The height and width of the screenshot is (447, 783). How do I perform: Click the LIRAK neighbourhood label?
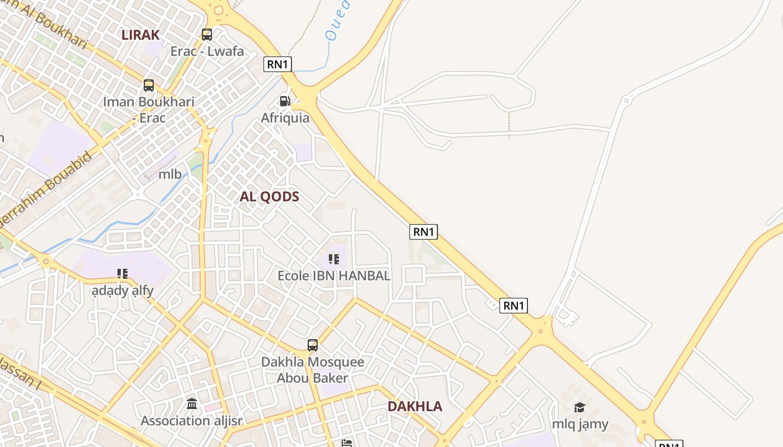pyautogui.click(x=140, y=35)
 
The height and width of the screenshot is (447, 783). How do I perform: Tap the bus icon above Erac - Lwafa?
pyautogui.click(x=207, y=35)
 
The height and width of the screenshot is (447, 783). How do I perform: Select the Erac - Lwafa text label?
pyautogui.click(x=207, y=51)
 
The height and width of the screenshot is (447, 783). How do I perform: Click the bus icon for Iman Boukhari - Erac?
pyautogui.click(x=149, y=85)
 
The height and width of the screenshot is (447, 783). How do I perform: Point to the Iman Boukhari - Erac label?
pyautogui.click(x=149, y=110)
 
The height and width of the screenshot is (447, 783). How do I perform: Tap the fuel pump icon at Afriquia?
pyautogui.click(x=285, y=101)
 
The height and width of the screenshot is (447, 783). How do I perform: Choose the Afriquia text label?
pyautogui.click(x=285, y=118)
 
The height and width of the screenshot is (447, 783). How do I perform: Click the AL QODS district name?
pyautogui.click(x=270, y=197)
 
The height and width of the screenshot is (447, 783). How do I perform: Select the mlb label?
pyautogui.click(x=170, y=174)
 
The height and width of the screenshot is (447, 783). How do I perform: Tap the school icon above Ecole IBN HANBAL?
pyautogui.click(x=334, y=259)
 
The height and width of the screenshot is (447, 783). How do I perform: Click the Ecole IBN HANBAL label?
pyautogui.click(x=334, y=275)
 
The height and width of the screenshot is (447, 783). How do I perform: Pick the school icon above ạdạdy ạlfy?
pyautogui.click(x=122, y=274)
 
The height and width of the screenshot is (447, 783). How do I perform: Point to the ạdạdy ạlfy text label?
pyautogui.click(x=123, y=291)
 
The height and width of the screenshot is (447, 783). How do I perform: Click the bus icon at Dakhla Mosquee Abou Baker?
pyautogui.click(x=313, y=345)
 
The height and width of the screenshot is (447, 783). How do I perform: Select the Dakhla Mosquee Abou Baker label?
pyautogui.click(x=313, y=370)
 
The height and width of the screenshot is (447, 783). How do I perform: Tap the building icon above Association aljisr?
pyautogui.click(x=192, y=403)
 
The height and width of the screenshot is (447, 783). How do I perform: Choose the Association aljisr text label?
pyautogui.click(x=192, y=421)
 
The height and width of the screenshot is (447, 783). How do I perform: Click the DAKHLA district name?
pyautogui.click(x=415, y=406)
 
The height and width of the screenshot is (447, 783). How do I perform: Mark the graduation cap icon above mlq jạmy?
pyautogui.click(x=579, y=408)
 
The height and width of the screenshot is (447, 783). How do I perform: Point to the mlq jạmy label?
pyautogui.click(x=580, y=424)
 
